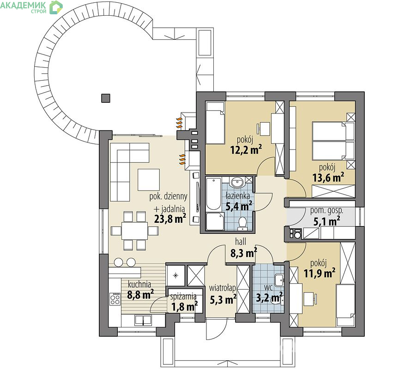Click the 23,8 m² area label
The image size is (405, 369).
[x=170, y=219]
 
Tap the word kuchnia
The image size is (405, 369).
[x=139, y=285]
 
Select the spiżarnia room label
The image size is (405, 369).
[x=183, y=297]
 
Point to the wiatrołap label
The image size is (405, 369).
[x=223, y=288]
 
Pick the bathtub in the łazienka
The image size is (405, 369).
[x=214, y=194]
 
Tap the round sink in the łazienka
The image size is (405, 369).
[x=237, y=183]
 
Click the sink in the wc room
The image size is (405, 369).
[x=279, y=280]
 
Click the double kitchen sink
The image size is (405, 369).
[x=143, y=320]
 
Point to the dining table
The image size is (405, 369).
[x=134, y=231]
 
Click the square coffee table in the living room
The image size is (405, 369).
[x=149, y=180]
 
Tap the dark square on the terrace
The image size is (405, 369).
[x=106, y=98]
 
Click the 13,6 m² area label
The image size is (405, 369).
[x=328, y=177]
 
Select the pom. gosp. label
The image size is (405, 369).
[x=327, y=211]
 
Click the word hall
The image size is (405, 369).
[x=241, y=242]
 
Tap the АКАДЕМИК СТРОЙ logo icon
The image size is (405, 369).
[x=56, y=7]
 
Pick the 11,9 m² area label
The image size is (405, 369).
[x=320, y=273]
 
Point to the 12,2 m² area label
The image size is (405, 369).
[x=246, y=149]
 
